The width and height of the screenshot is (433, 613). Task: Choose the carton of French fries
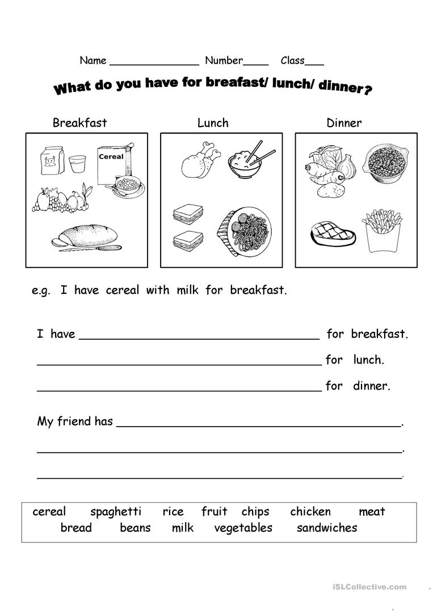(x=382, y=230)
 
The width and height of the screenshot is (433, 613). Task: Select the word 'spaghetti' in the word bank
(x=116, y=512)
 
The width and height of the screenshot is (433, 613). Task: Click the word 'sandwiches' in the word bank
(x=327, y=528)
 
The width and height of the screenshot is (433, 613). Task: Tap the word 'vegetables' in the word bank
(x=243, y=528)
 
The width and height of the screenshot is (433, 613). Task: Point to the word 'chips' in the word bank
(x=255, y=512)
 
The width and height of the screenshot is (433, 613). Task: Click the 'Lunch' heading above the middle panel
(x=213, y=123)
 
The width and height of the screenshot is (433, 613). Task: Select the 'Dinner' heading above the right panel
(x=344, y=123)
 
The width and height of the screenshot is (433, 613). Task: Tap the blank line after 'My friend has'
(x=259, y=425)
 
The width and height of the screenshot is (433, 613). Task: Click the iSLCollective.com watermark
(x=374, y=587)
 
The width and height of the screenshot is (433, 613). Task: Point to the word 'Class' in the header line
(x=292, y=61)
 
